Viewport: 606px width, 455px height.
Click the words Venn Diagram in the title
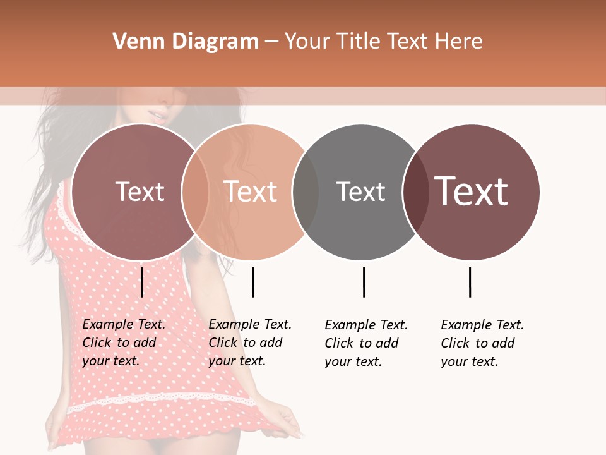point(186,42)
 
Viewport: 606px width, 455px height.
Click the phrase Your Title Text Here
point(383,42)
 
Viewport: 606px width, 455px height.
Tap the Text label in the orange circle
point(251,191)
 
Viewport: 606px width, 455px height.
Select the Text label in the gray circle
point(360,191)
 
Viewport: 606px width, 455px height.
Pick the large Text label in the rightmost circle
point(472,191)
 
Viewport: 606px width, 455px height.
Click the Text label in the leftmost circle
point(140,191)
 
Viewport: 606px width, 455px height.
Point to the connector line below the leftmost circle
point(142,282)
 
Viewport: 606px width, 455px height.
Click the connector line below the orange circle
point(252,282)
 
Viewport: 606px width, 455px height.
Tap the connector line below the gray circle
point(364,282)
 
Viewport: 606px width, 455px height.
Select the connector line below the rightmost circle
point(470,282)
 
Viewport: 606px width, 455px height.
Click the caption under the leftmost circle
point(124,343)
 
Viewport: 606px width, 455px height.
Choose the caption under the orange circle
point(250,343)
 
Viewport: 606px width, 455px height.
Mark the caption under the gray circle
point(366,343)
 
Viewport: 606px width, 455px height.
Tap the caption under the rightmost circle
point(482,343)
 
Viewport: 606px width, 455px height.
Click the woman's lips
point(156,116)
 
